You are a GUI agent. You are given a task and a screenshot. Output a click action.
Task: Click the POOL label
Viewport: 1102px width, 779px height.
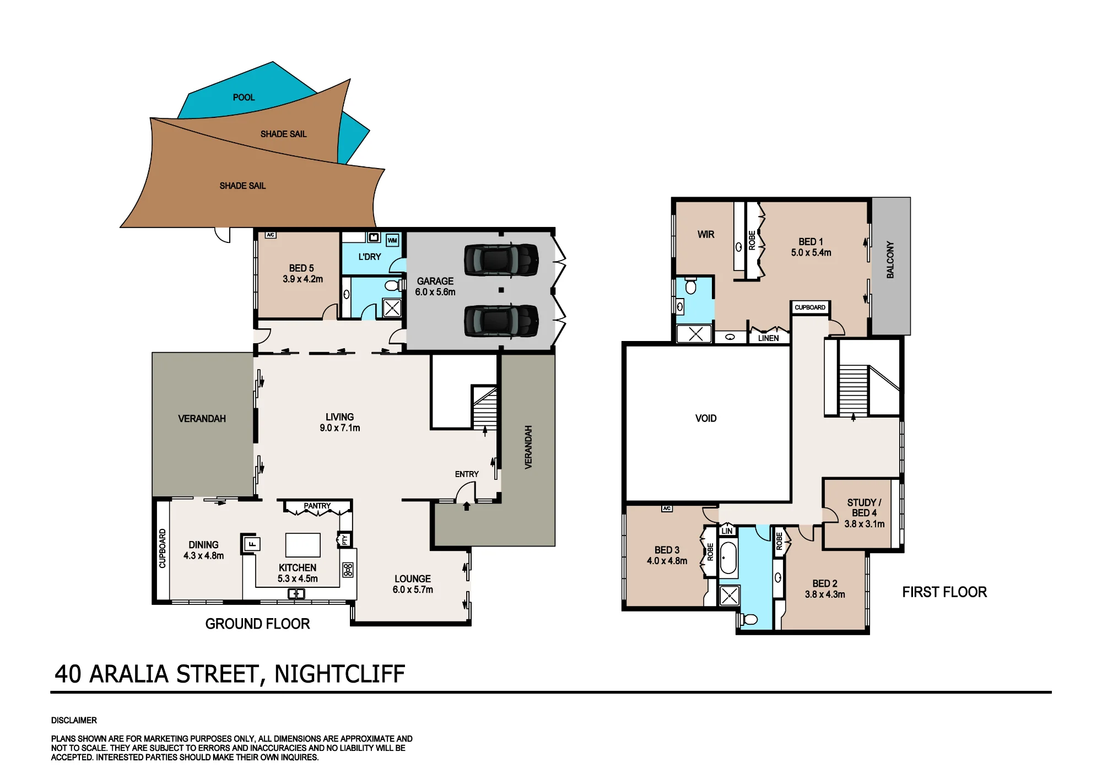[x=244, y=98]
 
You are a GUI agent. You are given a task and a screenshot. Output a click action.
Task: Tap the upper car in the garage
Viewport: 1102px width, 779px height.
[x=501, y=259]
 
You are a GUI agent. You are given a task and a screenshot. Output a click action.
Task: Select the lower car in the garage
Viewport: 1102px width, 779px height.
[x=501, y=321]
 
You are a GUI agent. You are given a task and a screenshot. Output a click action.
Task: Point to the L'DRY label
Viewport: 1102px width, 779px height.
[x=370, y=257]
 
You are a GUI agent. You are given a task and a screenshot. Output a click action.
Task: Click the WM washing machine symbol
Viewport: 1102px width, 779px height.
[x=392, y=240]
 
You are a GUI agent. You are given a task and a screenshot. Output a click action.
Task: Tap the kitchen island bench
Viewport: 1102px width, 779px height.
[x=302, y=545]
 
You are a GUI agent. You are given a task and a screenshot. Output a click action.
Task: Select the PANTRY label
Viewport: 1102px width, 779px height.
[x=317, y=506]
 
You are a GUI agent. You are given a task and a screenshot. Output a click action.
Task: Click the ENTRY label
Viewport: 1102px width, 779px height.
[x=467, y=474]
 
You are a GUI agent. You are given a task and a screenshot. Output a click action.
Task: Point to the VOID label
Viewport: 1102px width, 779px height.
[x=706, y=418]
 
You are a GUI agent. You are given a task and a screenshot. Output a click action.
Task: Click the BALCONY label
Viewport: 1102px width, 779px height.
[x=890, y=259]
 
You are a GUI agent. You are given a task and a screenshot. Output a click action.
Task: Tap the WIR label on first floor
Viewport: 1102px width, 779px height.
[x=706, y=234]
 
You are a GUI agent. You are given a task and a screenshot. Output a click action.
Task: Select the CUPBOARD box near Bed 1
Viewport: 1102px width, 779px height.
[x=810, y=307]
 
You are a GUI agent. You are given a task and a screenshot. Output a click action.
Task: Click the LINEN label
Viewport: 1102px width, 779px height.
[x=768, y=338]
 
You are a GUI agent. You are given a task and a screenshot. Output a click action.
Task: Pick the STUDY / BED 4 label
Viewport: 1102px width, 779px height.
[x=864, y=513]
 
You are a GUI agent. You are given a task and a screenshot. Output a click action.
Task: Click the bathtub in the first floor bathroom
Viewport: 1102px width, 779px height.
[x=728, y=558]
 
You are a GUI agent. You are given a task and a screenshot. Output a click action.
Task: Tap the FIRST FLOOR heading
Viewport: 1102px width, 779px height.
[x=944, y=592]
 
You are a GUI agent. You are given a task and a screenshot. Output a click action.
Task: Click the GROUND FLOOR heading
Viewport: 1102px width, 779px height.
[x=257, y=624]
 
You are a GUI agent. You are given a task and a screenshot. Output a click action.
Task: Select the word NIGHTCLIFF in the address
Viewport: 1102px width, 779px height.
[x=339, y=674]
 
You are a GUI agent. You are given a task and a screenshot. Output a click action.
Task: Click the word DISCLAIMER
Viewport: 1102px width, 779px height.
[x=74, y=720]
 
